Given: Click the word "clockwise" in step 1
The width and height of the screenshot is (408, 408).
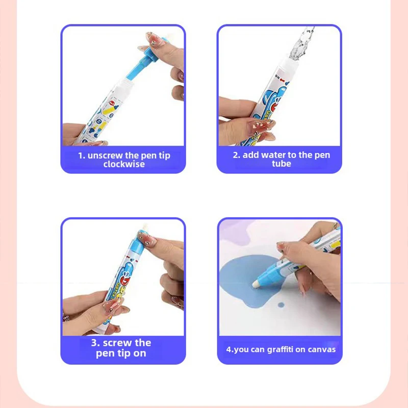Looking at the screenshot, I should (124, 164).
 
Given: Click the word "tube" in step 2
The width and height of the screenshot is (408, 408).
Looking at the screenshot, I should (281, 164).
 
